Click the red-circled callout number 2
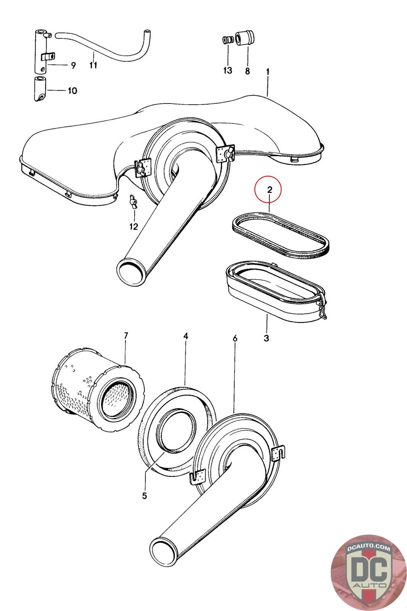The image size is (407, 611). tap(269, 189)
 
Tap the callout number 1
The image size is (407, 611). tap(268, 71)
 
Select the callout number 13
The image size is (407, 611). tap(228, 71)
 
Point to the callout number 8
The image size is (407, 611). tap(247, 71)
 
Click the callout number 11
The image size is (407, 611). tap(93, 65)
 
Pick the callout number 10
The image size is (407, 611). tap(72, 91)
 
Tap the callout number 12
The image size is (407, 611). tap(134, 226)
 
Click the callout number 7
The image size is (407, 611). tap(126, 335)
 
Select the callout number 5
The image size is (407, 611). tap(145, 496)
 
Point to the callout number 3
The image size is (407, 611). tap(266, 338)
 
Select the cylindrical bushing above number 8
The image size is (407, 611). tap(244, 38)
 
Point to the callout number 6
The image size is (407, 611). tap(235, 338)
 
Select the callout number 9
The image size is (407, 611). tap(72, 65)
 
